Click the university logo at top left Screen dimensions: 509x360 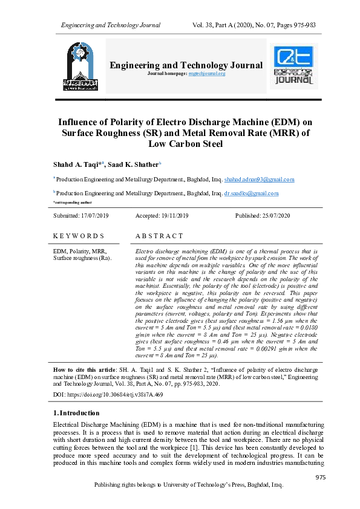pyautogui.click(x=78, y=66)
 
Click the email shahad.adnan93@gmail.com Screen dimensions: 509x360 pyautogui.click(x=259, y=180)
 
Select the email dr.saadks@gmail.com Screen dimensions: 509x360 pyautogui.click(x=251, y=193)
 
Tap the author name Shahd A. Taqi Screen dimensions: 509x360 pyautogui.click(x=77, y=164)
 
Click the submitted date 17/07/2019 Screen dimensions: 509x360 pyautogui.click(x=94, y=216)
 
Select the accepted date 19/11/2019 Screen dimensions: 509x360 pyautogui.click(x=174, y=216)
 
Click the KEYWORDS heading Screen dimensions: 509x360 pyautogui.click(x=79, y=236)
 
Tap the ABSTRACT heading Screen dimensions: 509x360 pyautogui.click(x=159, y=236)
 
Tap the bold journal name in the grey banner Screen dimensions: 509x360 pyautogui.click(x=186, y=65)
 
